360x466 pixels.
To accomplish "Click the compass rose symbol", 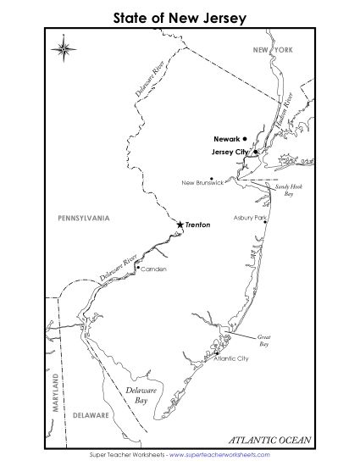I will [x=64, y=49].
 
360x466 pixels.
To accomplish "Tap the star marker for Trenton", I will [x=180, y=225].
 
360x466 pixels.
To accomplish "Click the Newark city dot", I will [x=244, y=138].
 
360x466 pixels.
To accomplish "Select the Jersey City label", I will [x=229, y=152].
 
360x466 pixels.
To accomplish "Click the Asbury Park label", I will [x=250, y=218].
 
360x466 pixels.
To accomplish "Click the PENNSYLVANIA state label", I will [x=83, y=219].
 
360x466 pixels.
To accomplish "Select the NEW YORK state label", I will [x=272, y=51].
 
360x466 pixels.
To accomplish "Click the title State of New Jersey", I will [x=179, y=16].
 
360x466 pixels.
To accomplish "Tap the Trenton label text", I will [x=197, y=225].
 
